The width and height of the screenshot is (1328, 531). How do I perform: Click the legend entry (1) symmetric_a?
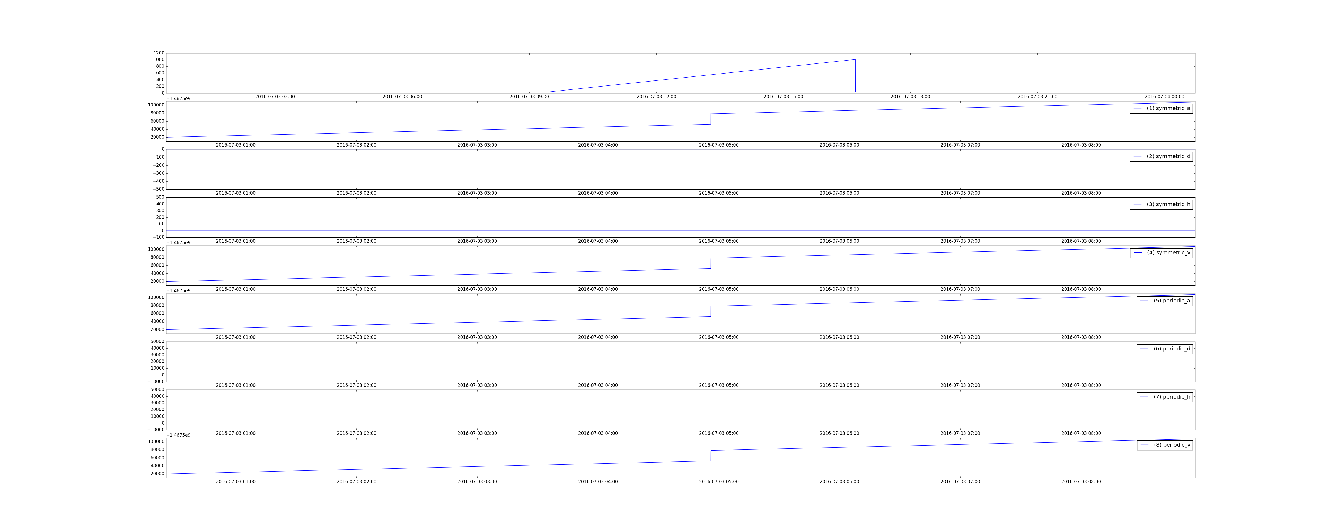1161,108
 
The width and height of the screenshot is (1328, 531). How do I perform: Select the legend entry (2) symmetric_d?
1161,156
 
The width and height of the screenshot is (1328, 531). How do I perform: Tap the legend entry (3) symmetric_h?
1161,204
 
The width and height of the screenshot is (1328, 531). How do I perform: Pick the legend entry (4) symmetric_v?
1161,252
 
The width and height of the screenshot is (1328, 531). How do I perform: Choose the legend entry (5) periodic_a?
1165,301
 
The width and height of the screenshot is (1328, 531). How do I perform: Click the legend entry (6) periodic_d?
1165,349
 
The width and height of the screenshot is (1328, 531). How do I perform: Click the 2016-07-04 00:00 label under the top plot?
1164,96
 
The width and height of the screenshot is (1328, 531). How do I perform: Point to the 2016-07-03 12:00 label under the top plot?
656,96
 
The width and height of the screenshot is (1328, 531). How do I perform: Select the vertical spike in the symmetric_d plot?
711,169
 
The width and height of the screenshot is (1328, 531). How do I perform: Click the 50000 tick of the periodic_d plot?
157,341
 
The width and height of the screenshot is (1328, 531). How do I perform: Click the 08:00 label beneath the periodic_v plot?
1081,482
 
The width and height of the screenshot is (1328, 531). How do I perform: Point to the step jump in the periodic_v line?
711,456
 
